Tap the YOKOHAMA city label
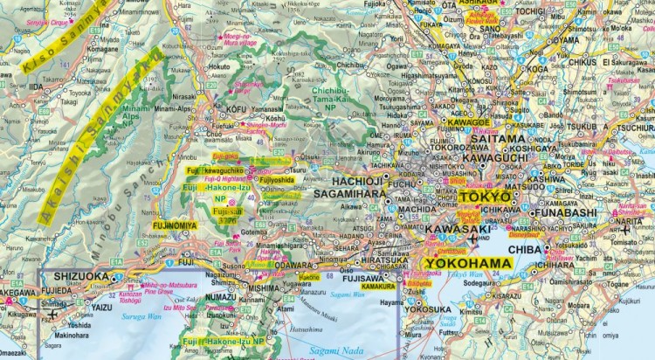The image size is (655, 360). pyautogui.click(x=462, y=261)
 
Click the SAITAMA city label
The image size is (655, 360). pyautogui.click(x=498, y=139)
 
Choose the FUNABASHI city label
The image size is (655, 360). pyautogui.click(x=582, y=211)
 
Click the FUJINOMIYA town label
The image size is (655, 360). pyautogui.click(x=172, y=225)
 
